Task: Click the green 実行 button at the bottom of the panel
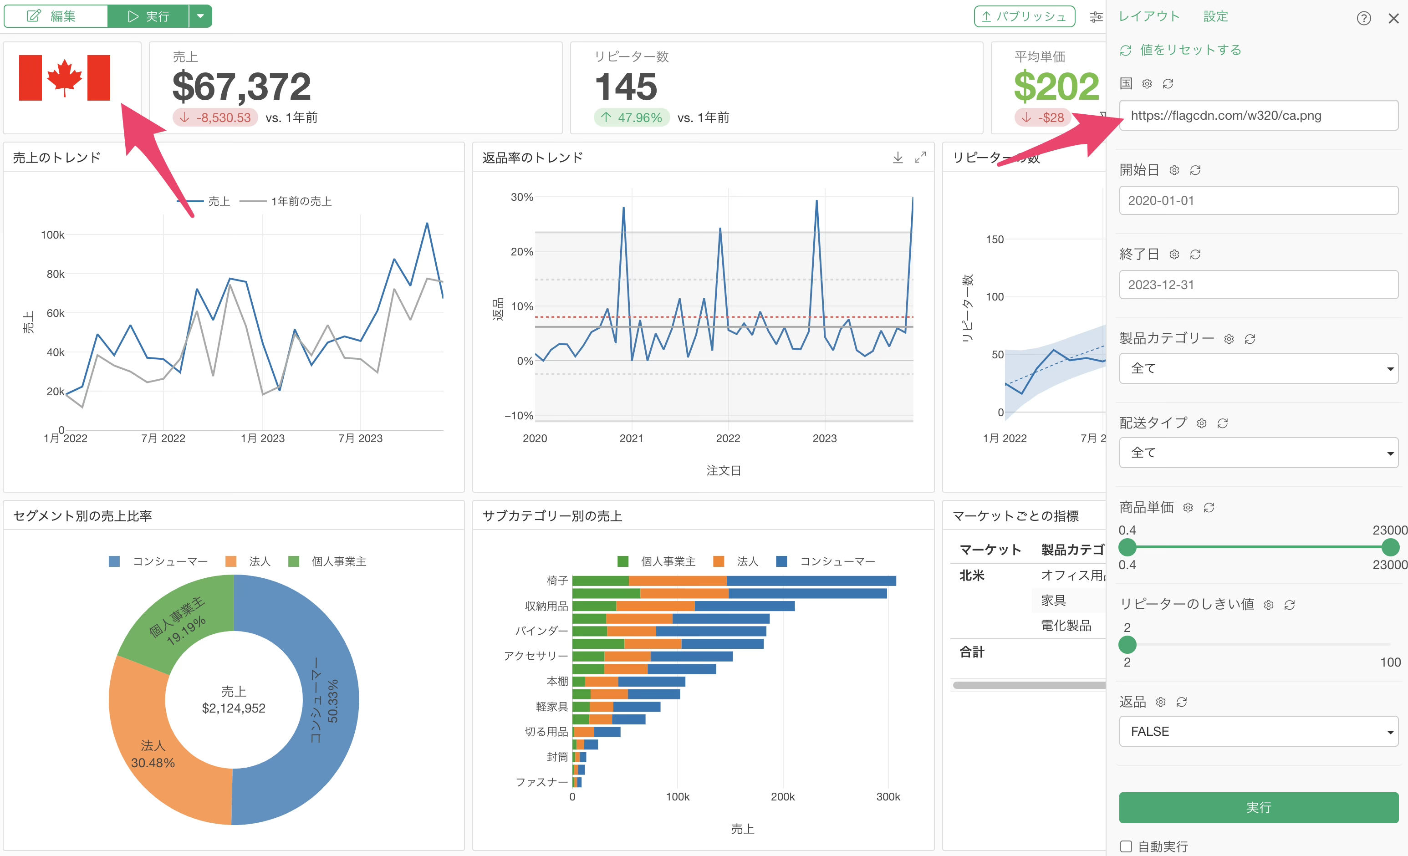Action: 1258,807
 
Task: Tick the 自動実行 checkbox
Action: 1126,846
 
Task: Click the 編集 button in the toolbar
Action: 56,16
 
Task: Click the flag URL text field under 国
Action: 1258,116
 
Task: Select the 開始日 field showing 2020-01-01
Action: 1258,201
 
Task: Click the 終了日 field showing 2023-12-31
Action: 1258,285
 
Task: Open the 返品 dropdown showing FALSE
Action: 1258,731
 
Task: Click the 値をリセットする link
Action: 1190,50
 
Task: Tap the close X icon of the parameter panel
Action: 1393,18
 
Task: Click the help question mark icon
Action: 1363,18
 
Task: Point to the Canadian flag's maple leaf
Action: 65,77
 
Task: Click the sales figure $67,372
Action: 242,87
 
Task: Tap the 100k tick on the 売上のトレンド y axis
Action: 52,235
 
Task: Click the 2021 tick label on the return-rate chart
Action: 632,438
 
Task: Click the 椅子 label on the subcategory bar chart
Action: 557,581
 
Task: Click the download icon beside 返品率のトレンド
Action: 898,157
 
